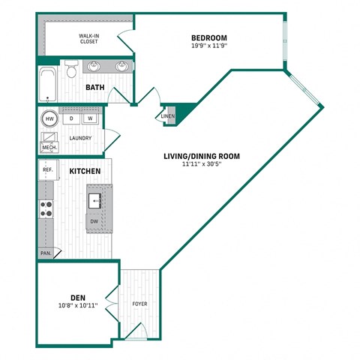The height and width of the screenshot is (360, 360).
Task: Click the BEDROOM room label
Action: point(208,37)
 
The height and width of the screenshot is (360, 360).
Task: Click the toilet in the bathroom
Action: point(71,70)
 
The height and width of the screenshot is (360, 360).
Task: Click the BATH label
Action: point(94,88)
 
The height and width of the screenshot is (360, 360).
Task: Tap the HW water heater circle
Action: point(49,118)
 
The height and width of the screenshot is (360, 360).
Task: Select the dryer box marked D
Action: point(71,118)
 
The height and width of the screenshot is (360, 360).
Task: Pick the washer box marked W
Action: point(89,118)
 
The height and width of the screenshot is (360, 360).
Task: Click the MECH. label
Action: point(49,148)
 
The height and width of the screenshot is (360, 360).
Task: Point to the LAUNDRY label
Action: point(80,138)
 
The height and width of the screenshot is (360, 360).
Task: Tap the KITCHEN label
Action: point(85,172)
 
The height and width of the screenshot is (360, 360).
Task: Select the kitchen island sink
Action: point(95,200)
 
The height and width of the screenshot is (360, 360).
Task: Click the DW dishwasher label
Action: point(94,221)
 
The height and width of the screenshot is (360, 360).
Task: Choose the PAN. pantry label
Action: point(46,253)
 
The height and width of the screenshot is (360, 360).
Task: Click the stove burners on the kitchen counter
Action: point(46,208)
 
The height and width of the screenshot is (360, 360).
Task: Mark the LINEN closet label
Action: point(167,116)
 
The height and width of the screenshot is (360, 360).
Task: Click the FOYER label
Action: point(139,304)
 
